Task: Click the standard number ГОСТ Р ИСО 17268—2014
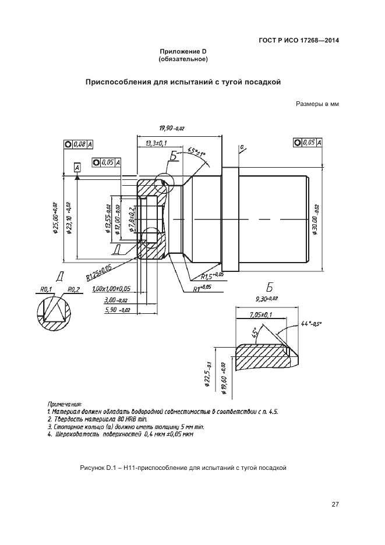tap(299, 41)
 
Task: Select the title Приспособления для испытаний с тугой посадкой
tap(183, 82)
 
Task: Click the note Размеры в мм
tap(317, 105)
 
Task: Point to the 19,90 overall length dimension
tap(171, 128)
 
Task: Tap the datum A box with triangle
tap(77, 168)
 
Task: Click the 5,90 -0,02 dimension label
tap(116, 310)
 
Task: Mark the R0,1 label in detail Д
tap(47, 289)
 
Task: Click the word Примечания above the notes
tap(65, 403)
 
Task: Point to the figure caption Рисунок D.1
tap(183, 468)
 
